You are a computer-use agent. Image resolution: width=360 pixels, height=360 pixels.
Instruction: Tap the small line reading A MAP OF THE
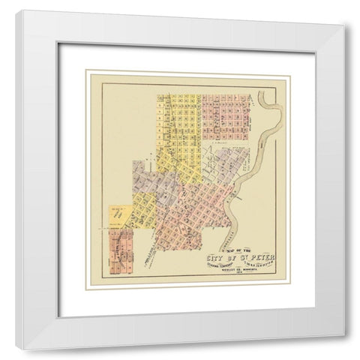(x=236, y=251)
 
